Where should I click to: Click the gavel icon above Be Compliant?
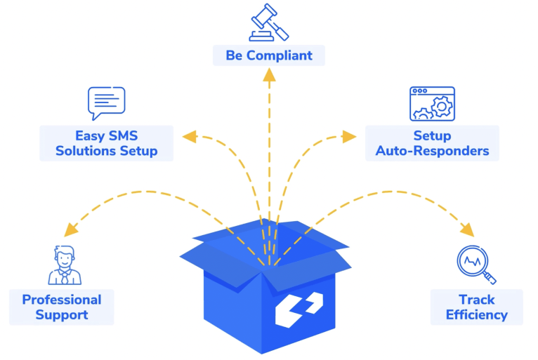(x=269, y=22)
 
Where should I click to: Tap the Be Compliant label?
(x=269, y=55)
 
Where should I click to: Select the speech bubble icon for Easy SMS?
(x=107, y=103)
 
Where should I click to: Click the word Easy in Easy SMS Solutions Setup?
(x=89, y=136)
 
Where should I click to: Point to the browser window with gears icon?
(x=432, y=104)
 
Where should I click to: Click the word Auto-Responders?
(x=432, y=151)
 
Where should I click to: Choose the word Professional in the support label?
(x=62, y=300)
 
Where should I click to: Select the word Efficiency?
(x=476, y=315)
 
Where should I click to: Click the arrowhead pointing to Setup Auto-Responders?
(x=350, y=137)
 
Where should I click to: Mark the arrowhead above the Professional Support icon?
(x=70, y=229)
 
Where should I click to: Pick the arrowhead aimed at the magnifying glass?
(x=466, y=229)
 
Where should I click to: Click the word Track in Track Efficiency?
(x=477, y=300)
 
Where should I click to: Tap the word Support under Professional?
(x=62, y=315)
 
